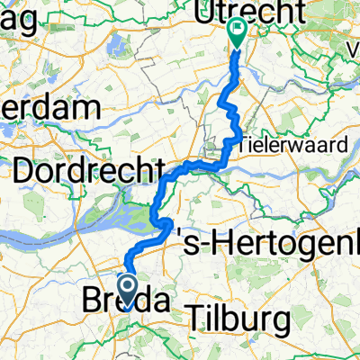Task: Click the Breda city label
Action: click(127, 300)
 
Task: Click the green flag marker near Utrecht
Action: click(238, 32)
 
